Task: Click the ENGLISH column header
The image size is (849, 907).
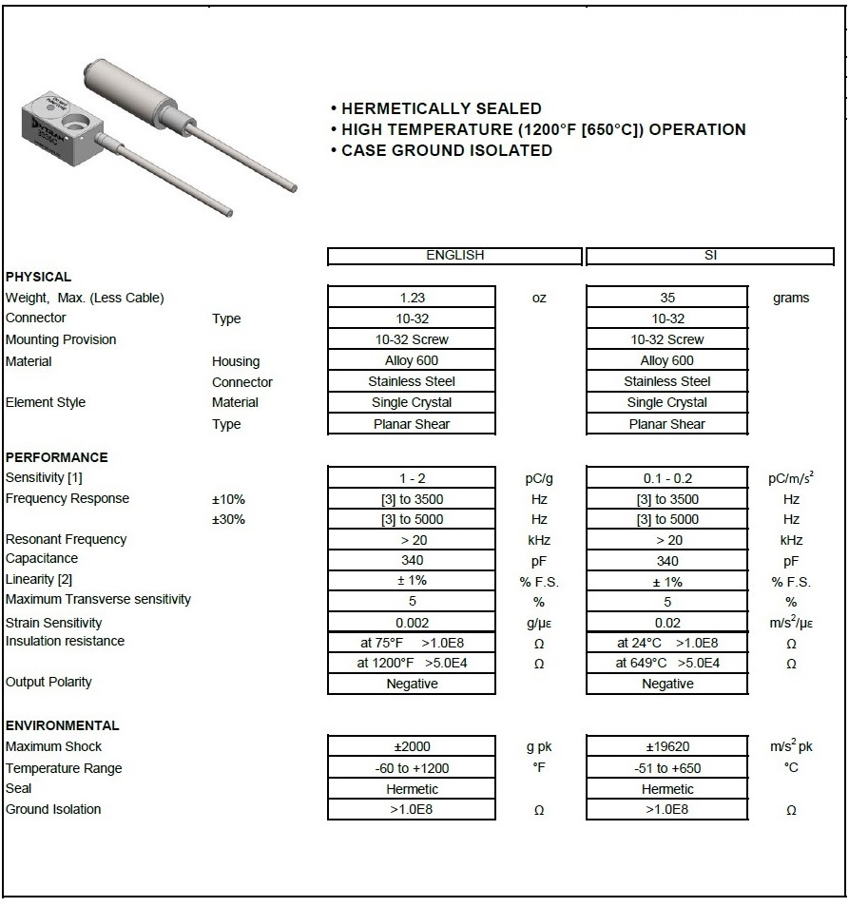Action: pyautogui.click(x=454, y=256)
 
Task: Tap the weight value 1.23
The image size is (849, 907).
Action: pyautogui.click(x=412, y=298)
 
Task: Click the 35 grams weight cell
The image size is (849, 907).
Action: pyautogui.click(x=667, y=298)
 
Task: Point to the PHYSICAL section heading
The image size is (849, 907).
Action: pyautogui.click(x=38, y=277)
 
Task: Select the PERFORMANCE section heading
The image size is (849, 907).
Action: pyautogui.click(x=57, y=457)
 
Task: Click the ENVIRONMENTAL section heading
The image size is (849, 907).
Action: pyautogui.click(x=63, y=725)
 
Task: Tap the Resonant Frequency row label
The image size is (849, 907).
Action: pyautogui.click(x=66, y=539)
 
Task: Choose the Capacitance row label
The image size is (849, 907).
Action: pyautogui.click(x=42, y=559)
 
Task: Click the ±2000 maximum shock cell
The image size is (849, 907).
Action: pyautogui.click(x=412, y=747)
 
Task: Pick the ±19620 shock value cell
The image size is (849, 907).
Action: pyautogui.click(x=667, y=747)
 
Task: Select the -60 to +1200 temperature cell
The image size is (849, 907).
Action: pyautogui.click(x=412, y=768)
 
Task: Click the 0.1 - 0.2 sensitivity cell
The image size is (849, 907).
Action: pyautogui.click(x=667, y=478)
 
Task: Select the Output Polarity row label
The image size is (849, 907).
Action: pyautogui.click(x=48, y=682)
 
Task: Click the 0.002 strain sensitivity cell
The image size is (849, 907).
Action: pyautogui.click(x=412, y=623)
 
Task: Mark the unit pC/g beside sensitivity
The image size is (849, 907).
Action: pyautogui.click(x=539, y=478)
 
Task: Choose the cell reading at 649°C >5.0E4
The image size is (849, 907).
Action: pyautogui.click(x=667, y=664)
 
